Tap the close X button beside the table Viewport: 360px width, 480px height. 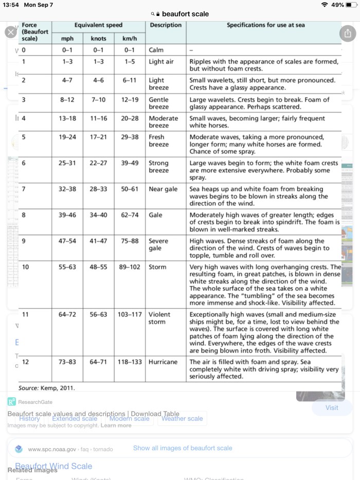coord(11,32)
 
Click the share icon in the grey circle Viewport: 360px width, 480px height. coord(348,33)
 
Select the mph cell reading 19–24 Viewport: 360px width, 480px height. coord(67,137)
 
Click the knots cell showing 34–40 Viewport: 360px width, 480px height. coord(99,215)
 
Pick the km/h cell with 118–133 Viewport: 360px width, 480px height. coord(129,362)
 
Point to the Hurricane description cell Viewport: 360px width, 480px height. coord(163,362)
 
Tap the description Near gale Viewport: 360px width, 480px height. coord(163,189)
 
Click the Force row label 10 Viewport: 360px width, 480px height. coord(26,268)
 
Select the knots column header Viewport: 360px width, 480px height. coord(99,39)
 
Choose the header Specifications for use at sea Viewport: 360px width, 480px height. coord(263,25)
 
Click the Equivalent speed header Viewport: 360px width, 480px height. coord(98,25)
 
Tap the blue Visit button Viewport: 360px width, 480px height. coord(332,407)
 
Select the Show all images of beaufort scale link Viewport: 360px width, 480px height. coord(183,448)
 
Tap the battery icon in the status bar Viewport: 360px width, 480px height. coord(351,5)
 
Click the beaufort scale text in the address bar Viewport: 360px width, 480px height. coord(186,14)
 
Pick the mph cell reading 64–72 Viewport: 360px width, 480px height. coord(67,314)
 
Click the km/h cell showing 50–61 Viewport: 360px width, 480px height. coord(129,189)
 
